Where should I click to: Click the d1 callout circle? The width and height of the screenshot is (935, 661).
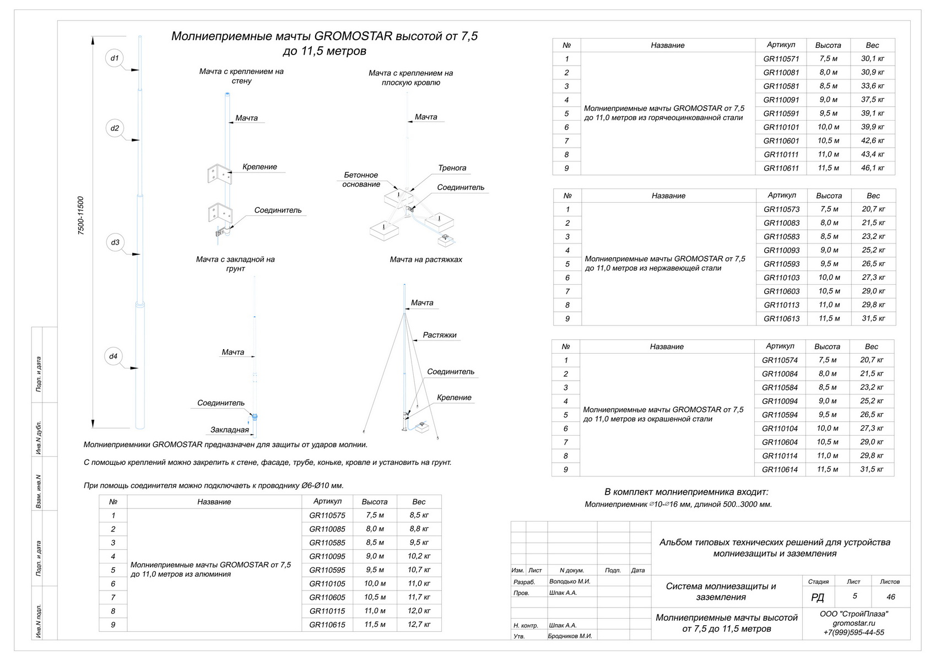[x=115, y=58]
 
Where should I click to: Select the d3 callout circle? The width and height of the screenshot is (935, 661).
[x=115, y=242]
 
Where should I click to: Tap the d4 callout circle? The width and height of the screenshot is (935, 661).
[x=113, y=356]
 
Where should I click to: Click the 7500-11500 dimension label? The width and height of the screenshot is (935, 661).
[x=81, y=216]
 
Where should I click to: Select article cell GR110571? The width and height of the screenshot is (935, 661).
[x=781, y=59]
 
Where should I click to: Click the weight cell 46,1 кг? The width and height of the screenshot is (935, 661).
[x=872, y=168]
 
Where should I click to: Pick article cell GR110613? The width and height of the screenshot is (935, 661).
[x=781, y=318]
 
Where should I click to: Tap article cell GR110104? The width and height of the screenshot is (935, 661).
[x=780, y=429]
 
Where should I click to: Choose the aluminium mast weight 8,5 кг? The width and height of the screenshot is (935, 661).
[x=419, y=516]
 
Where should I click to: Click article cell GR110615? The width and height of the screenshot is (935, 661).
[x=327, y=625]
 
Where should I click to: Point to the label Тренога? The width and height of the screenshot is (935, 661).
[x=452, y=168]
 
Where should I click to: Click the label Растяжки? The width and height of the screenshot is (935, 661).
[x=440, y=335]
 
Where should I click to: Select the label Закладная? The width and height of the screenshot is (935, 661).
[x=230, y=430]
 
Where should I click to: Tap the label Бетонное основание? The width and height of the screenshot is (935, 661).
[x=361, y=180]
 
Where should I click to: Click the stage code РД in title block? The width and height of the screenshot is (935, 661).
[x=818, y=598]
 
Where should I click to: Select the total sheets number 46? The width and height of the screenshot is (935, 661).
[x=890, y=597]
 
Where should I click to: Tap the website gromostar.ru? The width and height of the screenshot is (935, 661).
[x=853, y=623]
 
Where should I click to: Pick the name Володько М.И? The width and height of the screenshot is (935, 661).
[x=570, y=581]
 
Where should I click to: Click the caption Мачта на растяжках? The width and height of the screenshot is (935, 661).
[x=426, y=259]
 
